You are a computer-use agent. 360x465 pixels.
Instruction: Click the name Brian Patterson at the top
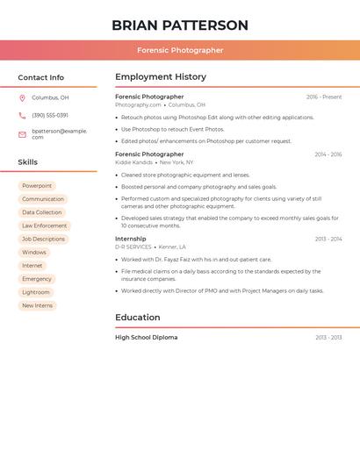(x=180, y=25)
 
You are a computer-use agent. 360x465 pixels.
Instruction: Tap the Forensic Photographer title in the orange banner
(x=180, y=50)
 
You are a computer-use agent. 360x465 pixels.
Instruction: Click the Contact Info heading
(x=41, y=77)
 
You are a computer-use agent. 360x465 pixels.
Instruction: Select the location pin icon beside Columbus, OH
(x=22, y=97)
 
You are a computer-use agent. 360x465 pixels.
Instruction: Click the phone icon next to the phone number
(x=22, y=115)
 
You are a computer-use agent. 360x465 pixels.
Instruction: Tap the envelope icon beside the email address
(x=22, y=134)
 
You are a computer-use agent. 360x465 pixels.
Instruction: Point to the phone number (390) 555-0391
(x=50, y=115)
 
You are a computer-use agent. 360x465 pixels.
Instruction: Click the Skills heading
(x=28, y=162)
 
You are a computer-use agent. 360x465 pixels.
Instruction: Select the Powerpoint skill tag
(x=37, y=186)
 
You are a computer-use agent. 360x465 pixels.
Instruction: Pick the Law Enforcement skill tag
(x=45, y=225)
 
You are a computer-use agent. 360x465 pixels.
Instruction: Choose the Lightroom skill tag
(x=36, y=292)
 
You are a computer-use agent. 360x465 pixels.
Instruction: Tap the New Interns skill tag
(x=38, y=305)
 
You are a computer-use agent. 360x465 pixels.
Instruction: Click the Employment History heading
(x=161, y=77)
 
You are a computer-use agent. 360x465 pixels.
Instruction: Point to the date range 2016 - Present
(x=324, y=97)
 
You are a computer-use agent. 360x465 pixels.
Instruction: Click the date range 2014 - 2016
(x=328, y=154)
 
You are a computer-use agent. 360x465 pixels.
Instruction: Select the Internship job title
(x=131, y=239)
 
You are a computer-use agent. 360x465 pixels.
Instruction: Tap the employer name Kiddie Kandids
(x=133, y=162)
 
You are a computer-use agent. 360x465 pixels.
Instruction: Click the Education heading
(x=138, y=318)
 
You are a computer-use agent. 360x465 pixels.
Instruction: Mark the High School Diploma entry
(x=147, y=338)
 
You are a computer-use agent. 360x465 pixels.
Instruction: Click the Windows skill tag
(x=34, y=253)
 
